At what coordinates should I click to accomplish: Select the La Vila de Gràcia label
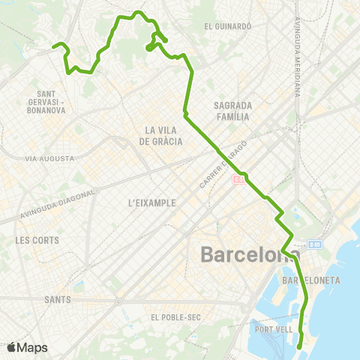160,135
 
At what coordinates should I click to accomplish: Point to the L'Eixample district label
151,202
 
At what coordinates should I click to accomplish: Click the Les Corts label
36,241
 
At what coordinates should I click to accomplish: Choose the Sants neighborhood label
57,298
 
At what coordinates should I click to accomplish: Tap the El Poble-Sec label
175,317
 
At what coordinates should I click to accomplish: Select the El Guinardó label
227,25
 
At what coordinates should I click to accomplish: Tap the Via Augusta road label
49,159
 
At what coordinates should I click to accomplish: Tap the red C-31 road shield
238,179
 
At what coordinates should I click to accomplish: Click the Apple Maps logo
27,347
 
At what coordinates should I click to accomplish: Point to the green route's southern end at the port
300,346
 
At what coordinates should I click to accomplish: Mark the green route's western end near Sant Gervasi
53,47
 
